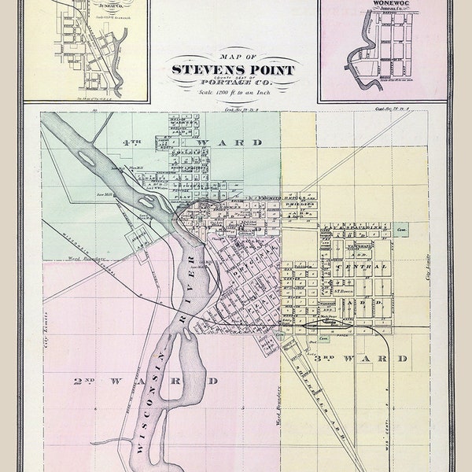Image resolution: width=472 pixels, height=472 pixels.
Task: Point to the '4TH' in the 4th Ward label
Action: (x=131, y=143)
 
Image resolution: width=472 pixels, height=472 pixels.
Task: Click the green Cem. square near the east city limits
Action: (x=401, y=230)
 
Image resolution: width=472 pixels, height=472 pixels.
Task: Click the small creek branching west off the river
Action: (x=110, y=441)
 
